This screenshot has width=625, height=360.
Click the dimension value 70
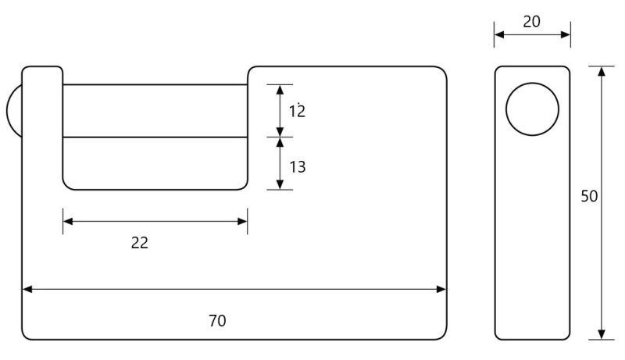(x=218, y=320)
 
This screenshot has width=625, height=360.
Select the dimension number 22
(x=139, y=243)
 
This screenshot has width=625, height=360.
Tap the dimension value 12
(x=296, y=111)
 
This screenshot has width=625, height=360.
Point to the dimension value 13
(x=296, y=166)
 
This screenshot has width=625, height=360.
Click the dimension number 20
(x=531, y=22)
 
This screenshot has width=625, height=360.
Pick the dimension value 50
(x=589, y=196)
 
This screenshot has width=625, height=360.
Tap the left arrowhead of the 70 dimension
(x=27, y=289)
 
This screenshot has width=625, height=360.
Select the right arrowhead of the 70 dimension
(x=441, y=289)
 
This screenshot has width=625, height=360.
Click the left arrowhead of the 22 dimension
(x=68, y=221)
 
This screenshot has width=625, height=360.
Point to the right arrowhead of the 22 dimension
(x=242, y=221)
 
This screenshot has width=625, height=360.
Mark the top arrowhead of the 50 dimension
(x=601, y=72)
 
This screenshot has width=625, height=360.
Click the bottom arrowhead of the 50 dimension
(x=601, y=333)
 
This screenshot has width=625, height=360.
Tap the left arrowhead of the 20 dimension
(x=499, y=34)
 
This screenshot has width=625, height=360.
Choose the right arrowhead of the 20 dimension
(x=565, y=34)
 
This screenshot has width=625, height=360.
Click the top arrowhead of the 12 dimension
(x=280, y=89)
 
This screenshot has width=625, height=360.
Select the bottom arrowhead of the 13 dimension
(x=280, y=184)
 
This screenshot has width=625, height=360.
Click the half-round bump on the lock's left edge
(x=14, y=111)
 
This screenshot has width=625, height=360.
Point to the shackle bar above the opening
(x=155, y=110)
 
